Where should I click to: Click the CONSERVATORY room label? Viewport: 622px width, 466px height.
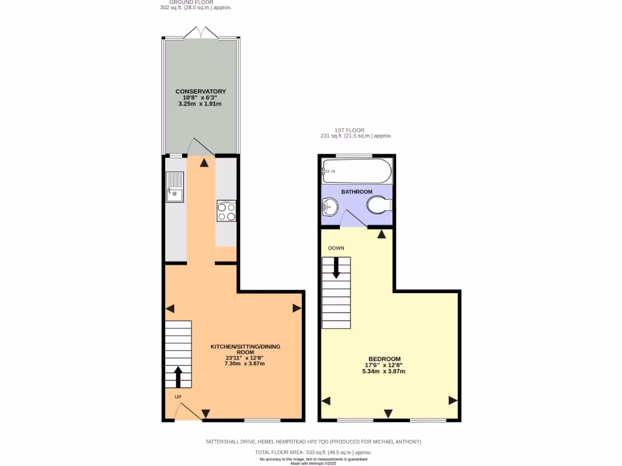pyautogui.click(x=200, y=92)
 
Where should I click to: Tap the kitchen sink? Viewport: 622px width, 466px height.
pyautogui.click(x=174, y=187)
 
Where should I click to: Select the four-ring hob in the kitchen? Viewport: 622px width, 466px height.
pyautogui.click(x=227, y=211)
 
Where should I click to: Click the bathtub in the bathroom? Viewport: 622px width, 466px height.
pyautogui.click(x=357, y=171)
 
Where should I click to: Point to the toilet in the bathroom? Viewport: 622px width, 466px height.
pyautogui.click(x=379, y=205)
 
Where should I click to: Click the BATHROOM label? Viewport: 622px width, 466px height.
pyautogui.click(x=357, y=192)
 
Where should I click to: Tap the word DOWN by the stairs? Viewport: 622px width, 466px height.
pyautogui.click(x=336, y=248)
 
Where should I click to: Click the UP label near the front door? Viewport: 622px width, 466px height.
pyautogui.click(x=179, y=397)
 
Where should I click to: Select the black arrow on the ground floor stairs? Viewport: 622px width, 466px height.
pyautogui.click(x=178, y=376)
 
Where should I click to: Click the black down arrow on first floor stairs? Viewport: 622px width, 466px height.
pyautogui.click(x=336, y=268)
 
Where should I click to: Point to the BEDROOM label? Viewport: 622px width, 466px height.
pyautogui.click(x=384, y=359)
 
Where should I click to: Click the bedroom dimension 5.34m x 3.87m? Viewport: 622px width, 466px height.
pyautogui.click(x=384, y=371)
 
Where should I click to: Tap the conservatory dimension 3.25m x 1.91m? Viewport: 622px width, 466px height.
pyautogui.click(x=200, y=104)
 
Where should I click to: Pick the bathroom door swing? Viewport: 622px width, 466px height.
pyautogui.click(x=353, y=219)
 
